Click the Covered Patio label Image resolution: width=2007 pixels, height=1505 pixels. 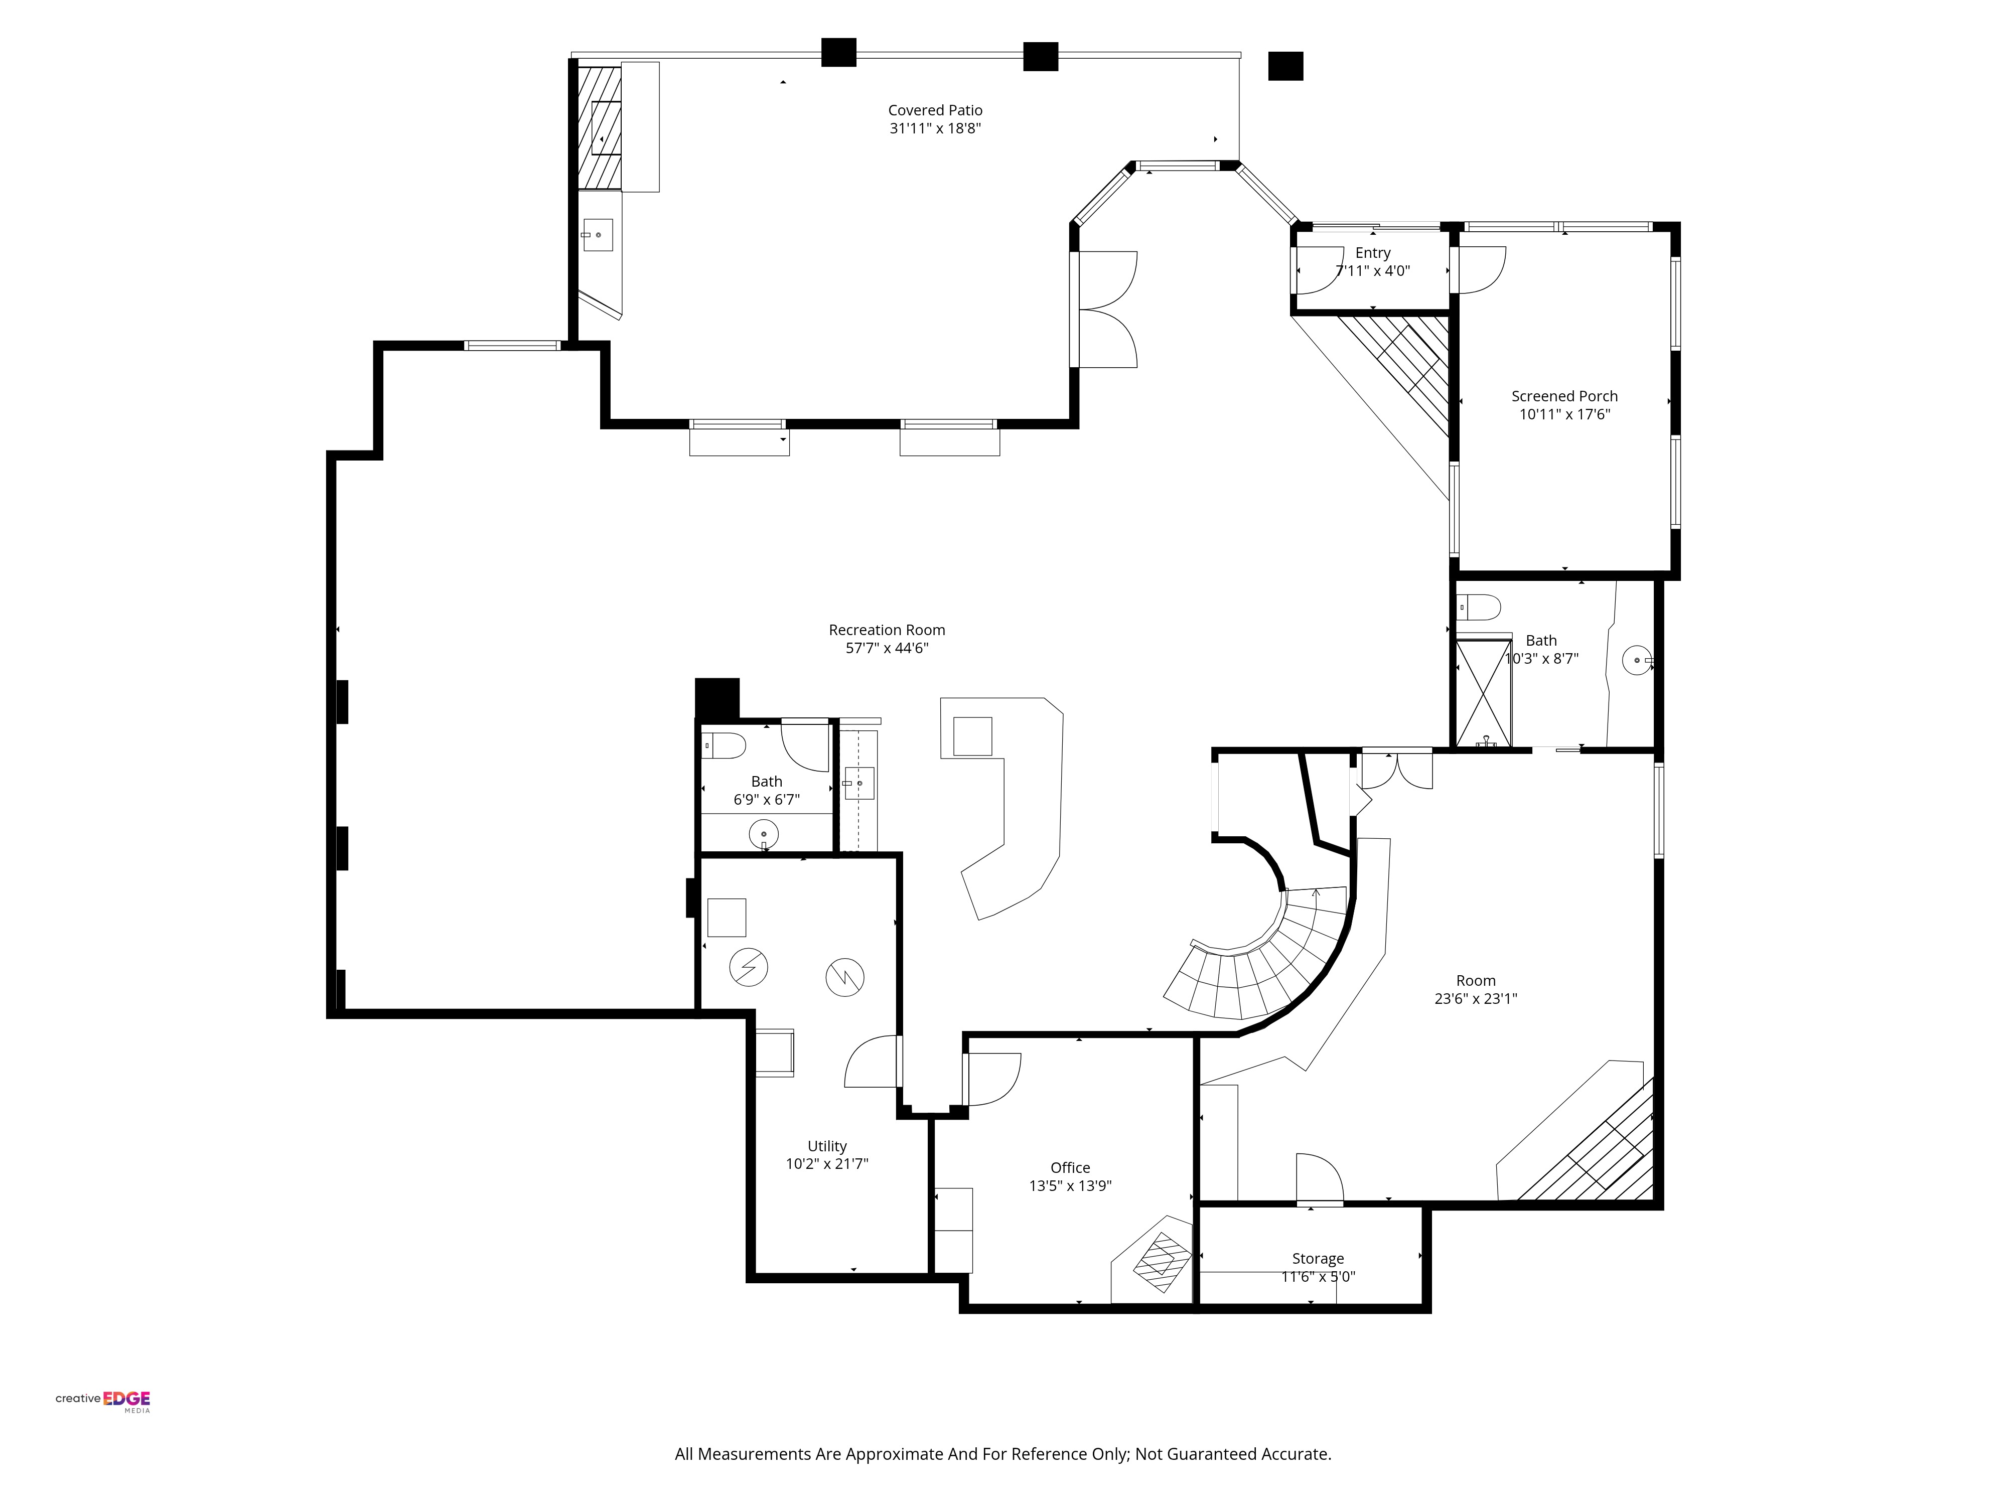(935, 111)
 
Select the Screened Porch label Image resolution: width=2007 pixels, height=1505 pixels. (1564, 396)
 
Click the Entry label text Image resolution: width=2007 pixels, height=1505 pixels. (1373, 253)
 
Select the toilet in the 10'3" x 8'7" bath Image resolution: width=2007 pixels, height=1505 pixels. (1478, 607)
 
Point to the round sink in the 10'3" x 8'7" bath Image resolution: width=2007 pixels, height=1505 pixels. (1637, 660)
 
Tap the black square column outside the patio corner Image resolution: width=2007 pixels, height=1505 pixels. (1285, 66)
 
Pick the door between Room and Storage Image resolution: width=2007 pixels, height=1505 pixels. (1319, 1179)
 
